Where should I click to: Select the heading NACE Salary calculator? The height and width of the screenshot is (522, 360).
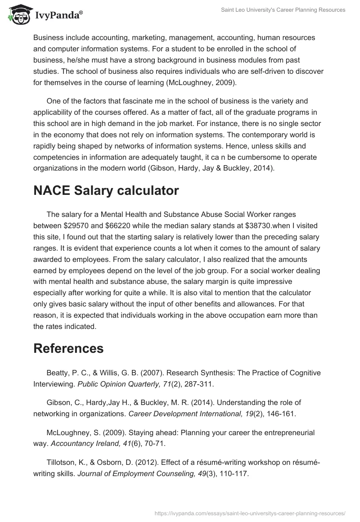pos(106,190)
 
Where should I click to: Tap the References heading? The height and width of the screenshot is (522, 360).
pos(68,348)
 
